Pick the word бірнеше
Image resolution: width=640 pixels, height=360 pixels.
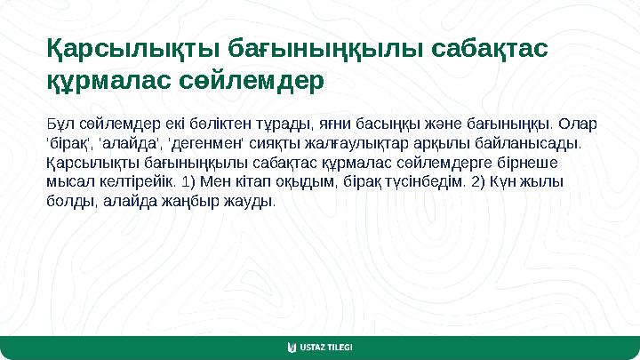click(x=532, y=162)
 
